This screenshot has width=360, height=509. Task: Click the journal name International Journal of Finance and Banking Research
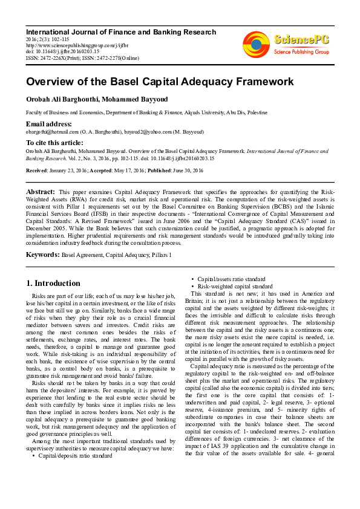120,32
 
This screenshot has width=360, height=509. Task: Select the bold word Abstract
40,192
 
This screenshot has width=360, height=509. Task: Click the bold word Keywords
42,255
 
